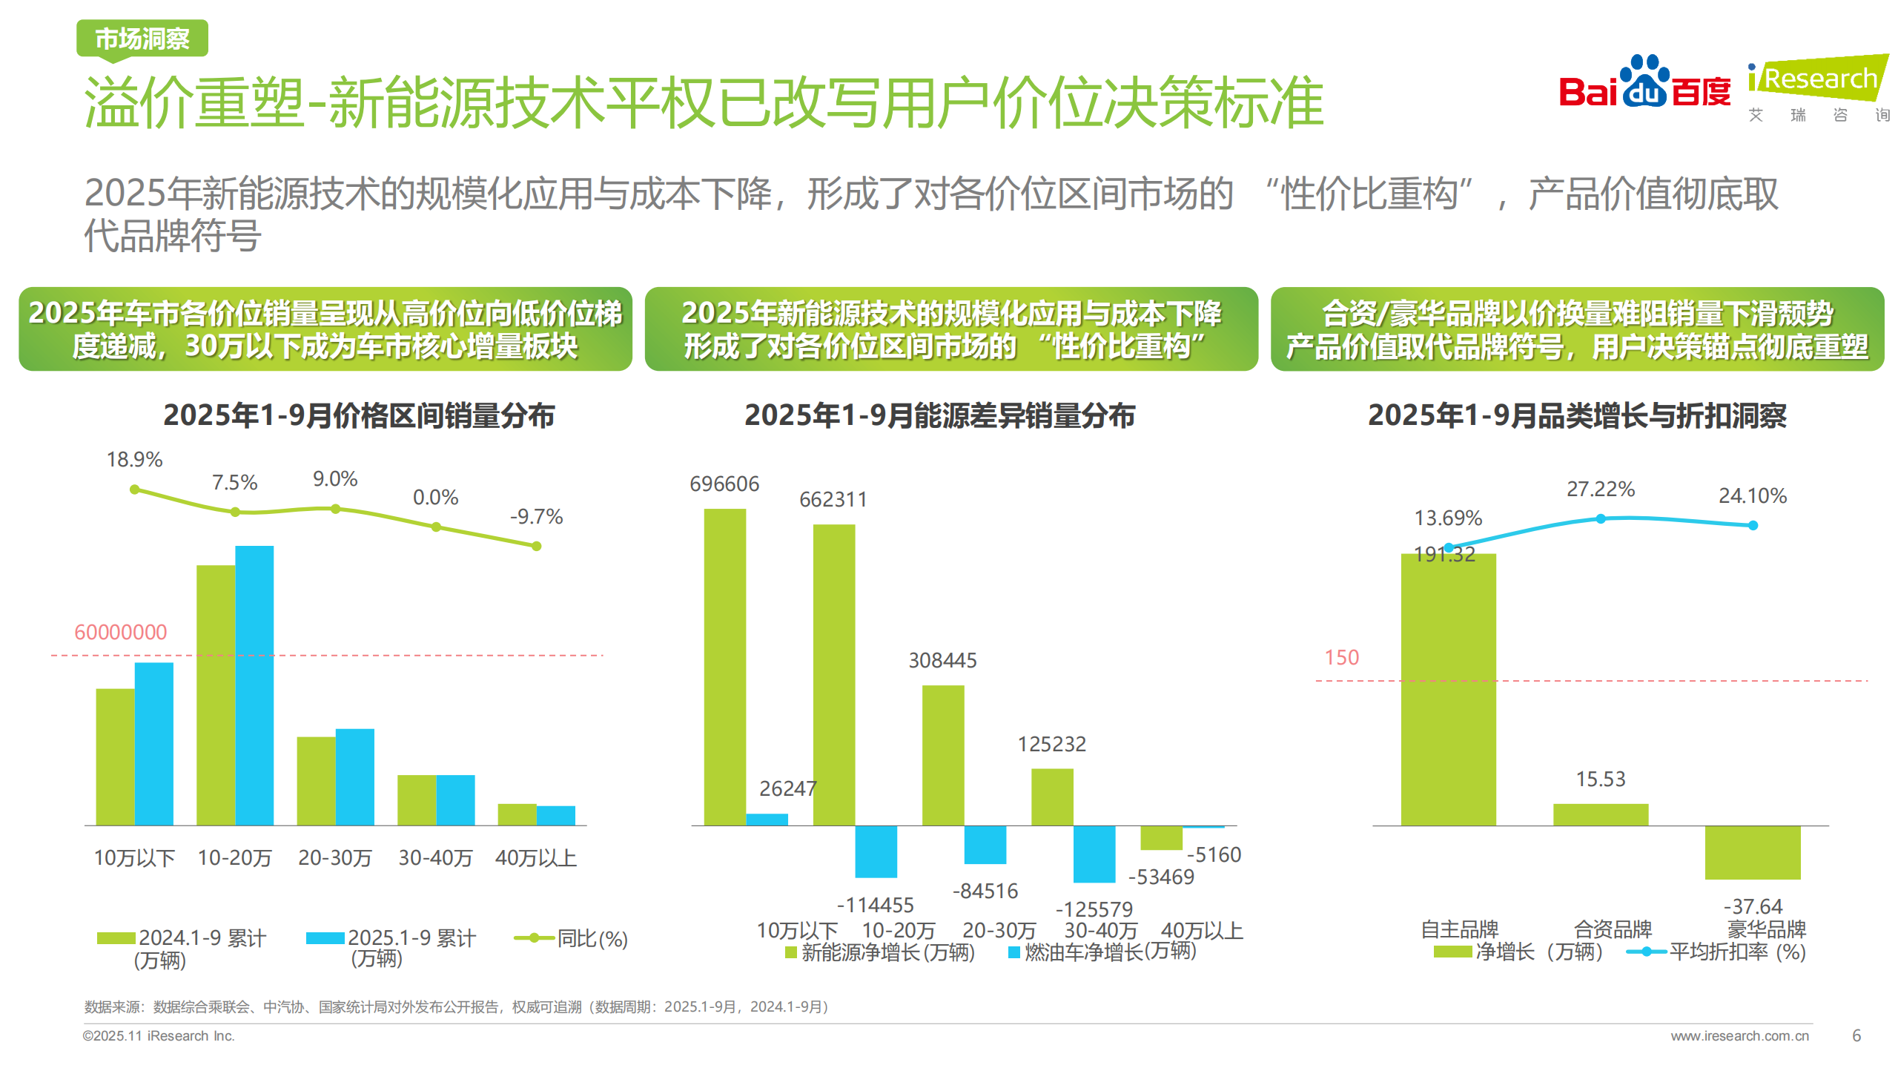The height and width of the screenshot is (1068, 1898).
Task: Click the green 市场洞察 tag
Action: pos(142,39)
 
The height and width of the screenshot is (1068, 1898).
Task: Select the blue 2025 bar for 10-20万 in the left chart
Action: pos(254,685)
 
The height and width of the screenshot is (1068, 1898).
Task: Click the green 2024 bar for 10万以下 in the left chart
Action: pos(115,756)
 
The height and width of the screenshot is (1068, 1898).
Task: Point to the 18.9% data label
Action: pos(134,460)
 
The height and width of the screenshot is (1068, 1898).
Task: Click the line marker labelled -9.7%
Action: pos(537,546)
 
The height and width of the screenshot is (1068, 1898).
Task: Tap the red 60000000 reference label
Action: pos(121,632)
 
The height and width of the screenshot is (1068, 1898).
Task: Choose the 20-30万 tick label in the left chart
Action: pos(335,857)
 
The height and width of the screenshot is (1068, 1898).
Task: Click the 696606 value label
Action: pos(724,484)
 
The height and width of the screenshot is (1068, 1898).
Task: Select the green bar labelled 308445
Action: pos(943,754)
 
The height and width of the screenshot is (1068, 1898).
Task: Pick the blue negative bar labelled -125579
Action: pos(1094,854)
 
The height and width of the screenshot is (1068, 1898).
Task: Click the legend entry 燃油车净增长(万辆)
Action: pos(1103,952)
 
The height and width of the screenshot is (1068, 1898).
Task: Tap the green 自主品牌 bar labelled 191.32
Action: pos(1448,690)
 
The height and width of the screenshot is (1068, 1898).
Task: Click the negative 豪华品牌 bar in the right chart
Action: pos(1753,852)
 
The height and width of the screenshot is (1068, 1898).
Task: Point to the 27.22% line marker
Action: pos(1601,519)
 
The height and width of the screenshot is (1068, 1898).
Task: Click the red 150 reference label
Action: pos(1341,657)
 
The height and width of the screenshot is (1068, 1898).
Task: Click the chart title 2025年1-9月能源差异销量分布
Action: pos(939,415)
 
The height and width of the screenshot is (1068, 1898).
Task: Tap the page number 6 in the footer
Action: pos(1856,1035)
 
